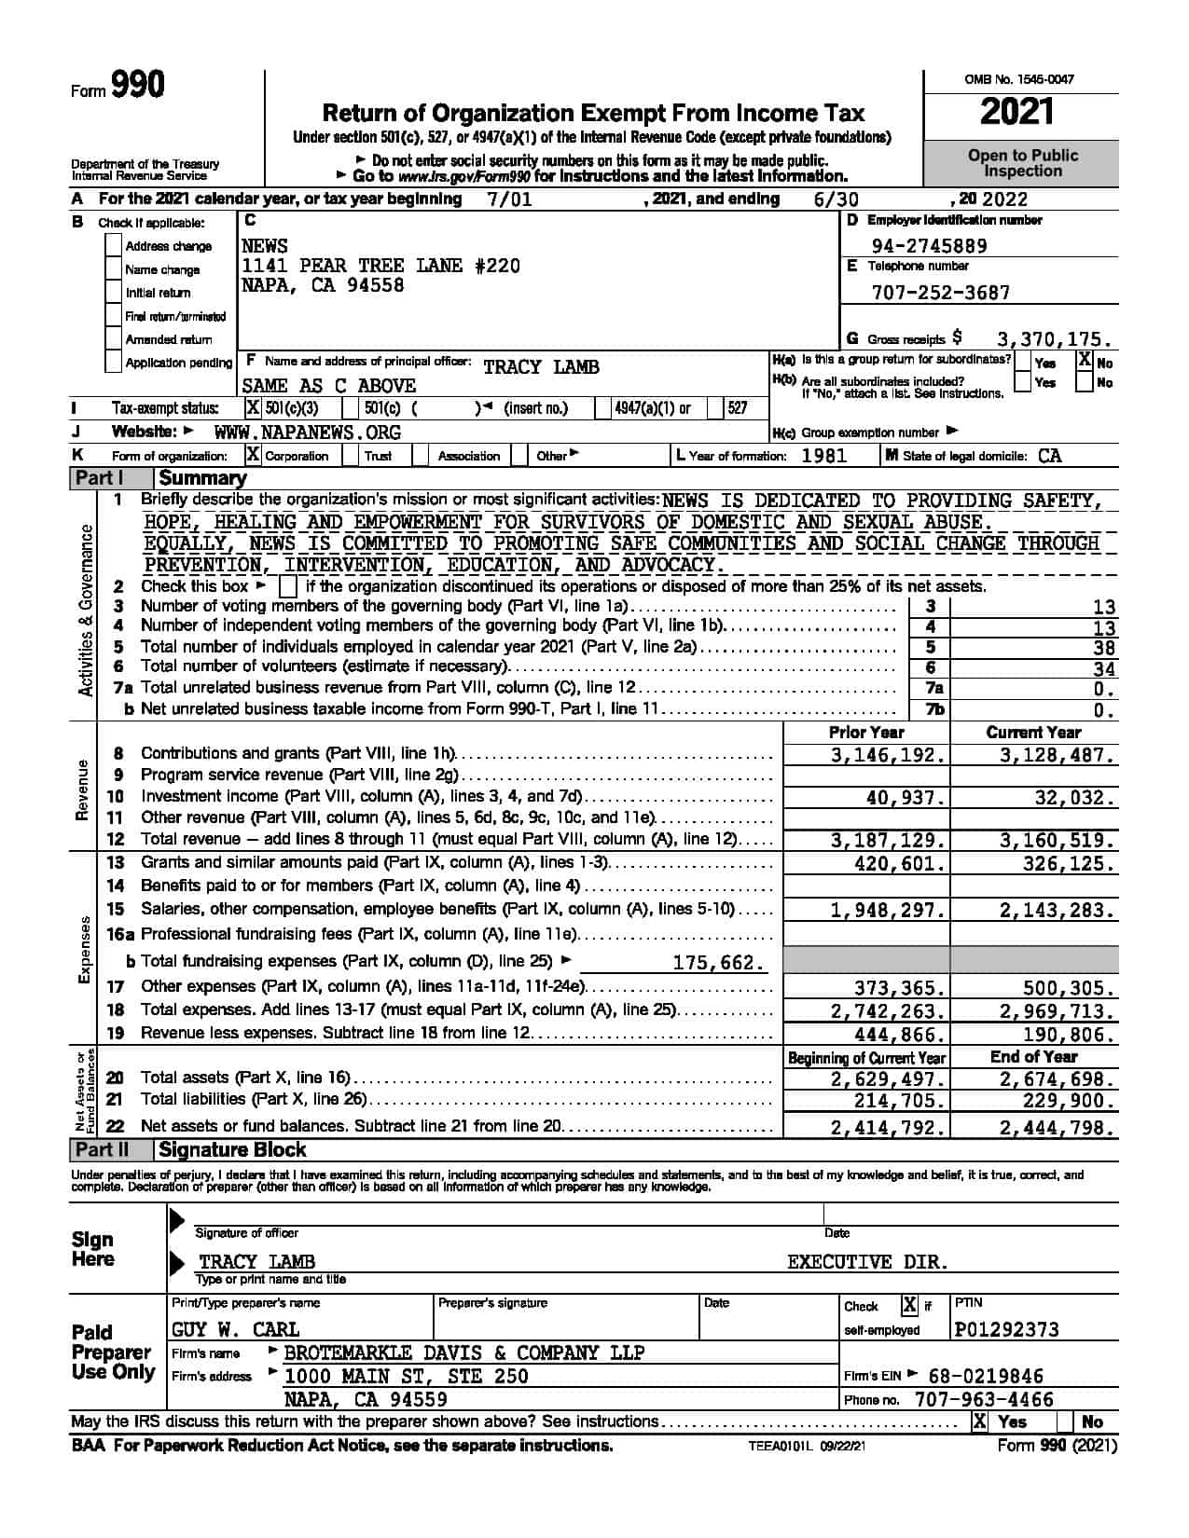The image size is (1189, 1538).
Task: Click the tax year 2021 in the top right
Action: coord(1017,113)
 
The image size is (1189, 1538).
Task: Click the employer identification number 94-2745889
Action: coord(929,246)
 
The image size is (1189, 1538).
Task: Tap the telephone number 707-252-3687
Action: coord(940,293)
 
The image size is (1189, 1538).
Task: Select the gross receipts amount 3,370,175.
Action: coord(1055,339)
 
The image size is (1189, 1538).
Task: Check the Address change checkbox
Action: coord(113,246)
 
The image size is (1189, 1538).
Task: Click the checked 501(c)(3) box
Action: coord(253,408)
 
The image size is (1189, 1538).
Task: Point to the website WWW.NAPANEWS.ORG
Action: coord(308,433)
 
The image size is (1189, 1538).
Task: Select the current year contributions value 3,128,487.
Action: coord(1057,755)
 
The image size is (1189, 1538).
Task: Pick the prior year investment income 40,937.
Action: coord(906,798)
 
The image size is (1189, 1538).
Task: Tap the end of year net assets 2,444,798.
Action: coord(1057,1128)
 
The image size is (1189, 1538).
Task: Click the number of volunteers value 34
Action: coord(1104,668)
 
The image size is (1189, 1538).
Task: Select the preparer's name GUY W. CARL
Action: coord(235,1329)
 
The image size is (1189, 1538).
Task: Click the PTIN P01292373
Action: coord(1007,1329)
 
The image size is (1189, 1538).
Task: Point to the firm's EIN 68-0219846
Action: coord(987,1376)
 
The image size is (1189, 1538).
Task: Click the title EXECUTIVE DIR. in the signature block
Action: coord(867,1262)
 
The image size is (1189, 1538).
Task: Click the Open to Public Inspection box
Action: coord(1022,163)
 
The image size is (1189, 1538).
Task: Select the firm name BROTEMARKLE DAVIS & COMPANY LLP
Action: coord(463,1353)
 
